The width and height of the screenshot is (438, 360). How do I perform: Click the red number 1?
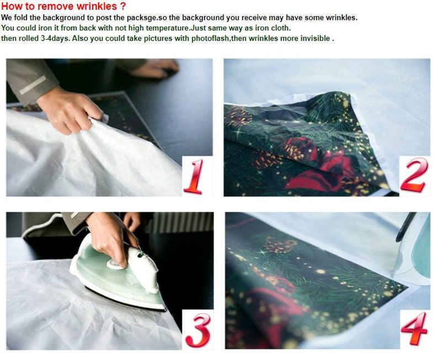click(x=194, y=176)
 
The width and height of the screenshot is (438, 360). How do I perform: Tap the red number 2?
click(x=414, y=174)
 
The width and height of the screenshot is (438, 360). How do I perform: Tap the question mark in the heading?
click(x=123, y=6)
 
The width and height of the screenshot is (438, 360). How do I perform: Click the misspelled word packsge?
click(x=143, y=18)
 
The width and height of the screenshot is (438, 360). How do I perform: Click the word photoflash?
click(x=210, y=38)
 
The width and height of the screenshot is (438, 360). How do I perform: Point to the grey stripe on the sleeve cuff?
click(x=33, y=85)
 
